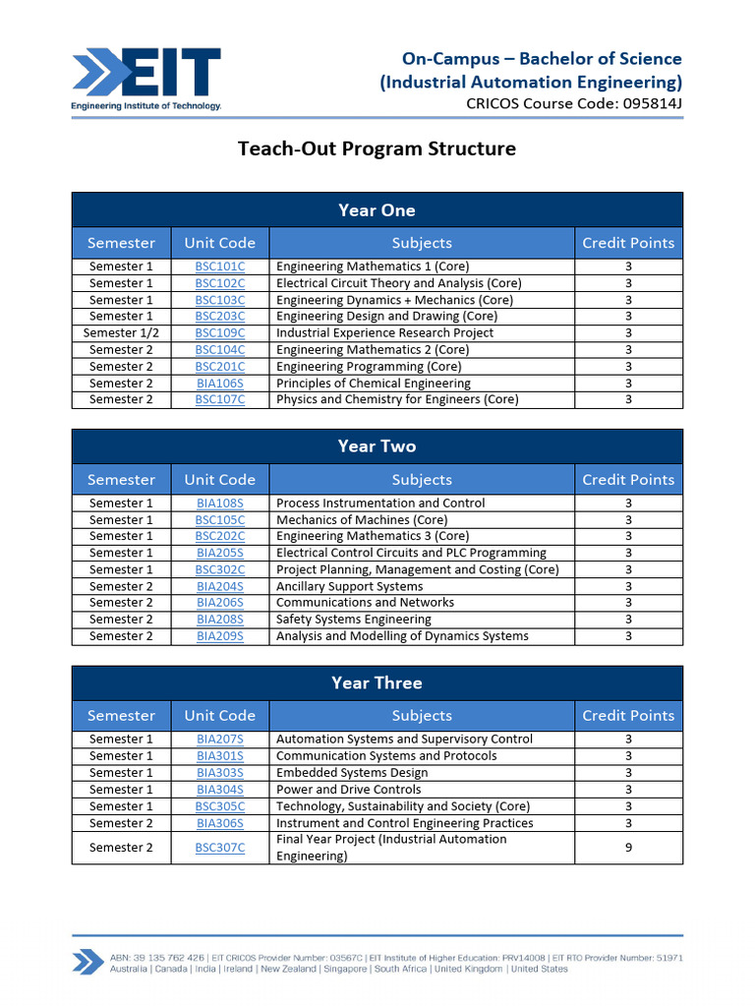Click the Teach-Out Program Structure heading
pos(377,149)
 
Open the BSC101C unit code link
pos(219,267)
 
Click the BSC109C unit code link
pos(219,333)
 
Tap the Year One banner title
pos(377,210)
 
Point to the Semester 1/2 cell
pos(121,333)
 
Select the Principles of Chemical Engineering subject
pos(373,384)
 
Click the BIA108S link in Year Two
pos(219,503)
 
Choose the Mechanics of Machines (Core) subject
pos(361,520)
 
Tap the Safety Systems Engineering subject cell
pos(353,620)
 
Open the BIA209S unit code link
pos(219,636)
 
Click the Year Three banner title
pos(377,683)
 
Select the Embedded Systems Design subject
pos(352,773)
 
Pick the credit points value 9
pos(628,848)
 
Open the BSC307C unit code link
pos(219,848)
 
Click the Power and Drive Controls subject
pos(348,790)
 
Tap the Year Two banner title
pos(377,446)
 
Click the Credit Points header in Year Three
pos(628,716)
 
